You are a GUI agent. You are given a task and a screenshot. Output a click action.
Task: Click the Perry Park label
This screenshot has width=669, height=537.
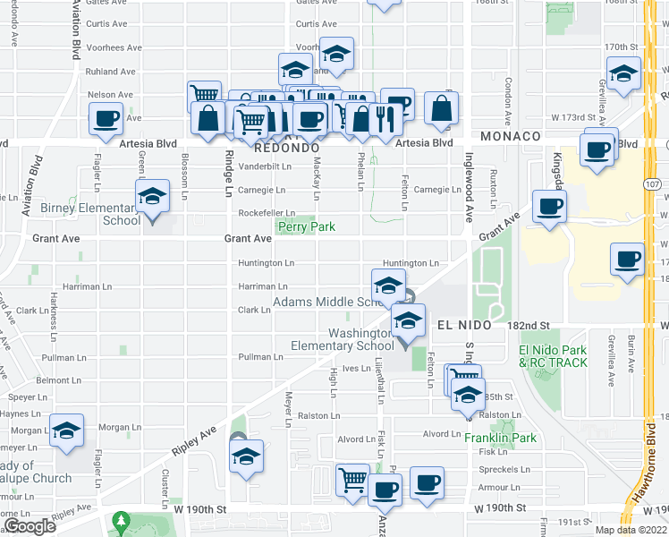(x=306, y=227)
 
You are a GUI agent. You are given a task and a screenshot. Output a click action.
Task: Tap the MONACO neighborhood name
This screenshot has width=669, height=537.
(x=511, y=135)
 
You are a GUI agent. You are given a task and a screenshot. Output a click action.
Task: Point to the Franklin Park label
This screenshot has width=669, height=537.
(x=500, y=439)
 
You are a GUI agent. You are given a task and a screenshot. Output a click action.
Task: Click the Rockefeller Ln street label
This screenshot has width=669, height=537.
(x=267, y=213)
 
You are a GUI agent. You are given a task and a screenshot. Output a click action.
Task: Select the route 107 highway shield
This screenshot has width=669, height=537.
(x=652, y=183)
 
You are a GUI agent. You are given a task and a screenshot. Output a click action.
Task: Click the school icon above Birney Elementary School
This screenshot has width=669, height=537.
(x=153, y=198)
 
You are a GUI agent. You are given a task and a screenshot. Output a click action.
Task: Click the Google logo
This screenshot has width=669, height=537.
(x=30, y=527)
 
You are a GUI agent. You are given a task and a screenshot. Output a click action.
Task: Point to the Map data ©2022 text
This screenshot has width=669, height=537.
(x=631, y=530)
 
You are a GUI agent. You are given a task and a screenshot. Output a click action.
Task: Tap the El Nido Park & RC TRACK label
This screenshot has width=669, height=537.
(x=553, y=356)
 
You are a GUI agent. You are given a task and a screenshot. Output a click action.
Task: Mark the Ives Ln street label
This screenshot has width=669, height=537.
(x=356, y=368)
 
